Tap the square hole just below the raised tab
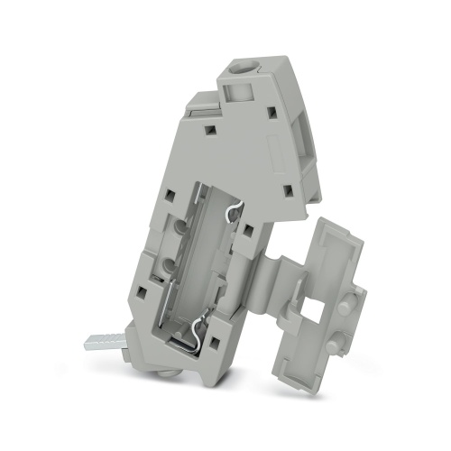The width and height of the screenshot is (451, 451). tap(209, 130)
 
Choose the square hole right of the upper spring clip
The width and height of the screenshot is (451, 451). tap(246, 230)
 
